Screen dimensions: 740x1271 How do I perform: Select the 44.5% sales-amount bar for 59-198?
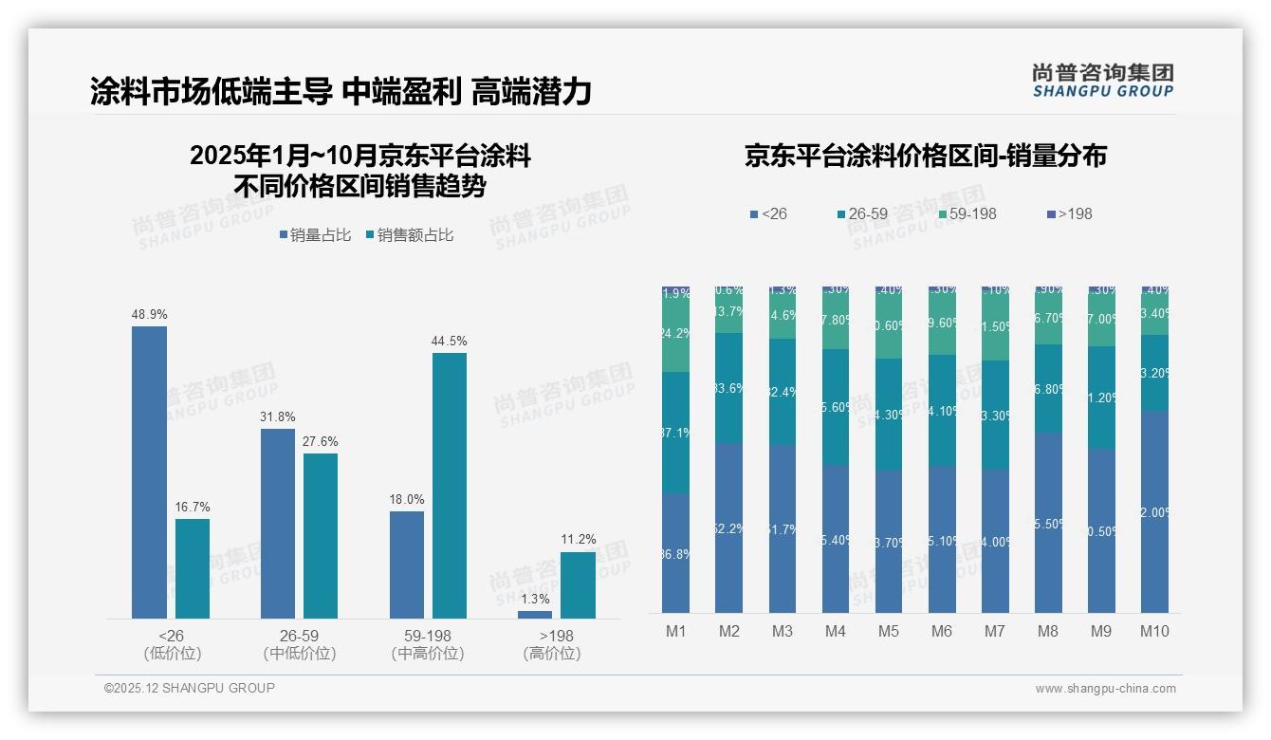pyautogui.click(x=450, y=486)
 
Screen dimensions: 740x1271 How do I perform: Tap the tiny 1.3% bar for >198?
pyautogui.click(x=535, y=615)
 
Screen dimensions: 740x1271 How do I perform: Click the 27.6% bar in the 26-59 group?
pyautogui.click(x=321, y=536)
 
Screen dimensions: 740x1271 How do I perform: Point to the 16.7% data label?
pyautogui.click(x=193, y=508)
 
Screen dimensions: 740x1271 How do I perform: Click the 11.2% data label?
pyautogui.click(x=578, y=540)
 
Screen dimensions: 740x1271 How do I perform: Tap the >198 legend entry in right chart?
pyautogui.click(x=1069, y=213)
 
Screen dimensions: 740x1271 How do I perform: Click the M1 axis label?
pyautogui.click(x=675, y=631)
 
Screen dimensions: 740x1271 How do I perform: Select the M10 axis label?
pyautogui.click(x=1153, y=631)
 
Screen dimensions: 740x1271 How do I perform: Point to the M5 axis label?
pyautogui.click(x=888, y=631)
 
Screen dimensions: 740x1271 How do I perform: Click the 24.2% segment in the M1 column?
pyautogui.click(x=675, y=334)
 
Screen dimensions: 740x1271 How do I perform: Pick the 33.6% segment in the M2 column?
pyautogui.click(x=728, y=388)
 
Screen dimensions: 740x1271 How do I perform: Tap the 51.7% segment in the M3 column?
pyautogui.click(x=782, y=528)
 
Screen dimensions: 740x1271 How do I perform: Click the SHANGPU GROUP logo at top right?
pyautogui.click(x=1102, y=81)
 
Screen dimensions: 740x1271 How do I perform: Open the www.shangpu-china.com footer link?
pyautogui.click(x=1105, y=689)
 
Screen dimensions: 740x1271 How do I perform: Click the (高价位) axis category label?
pyautogui.click(x=551, y=654)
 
